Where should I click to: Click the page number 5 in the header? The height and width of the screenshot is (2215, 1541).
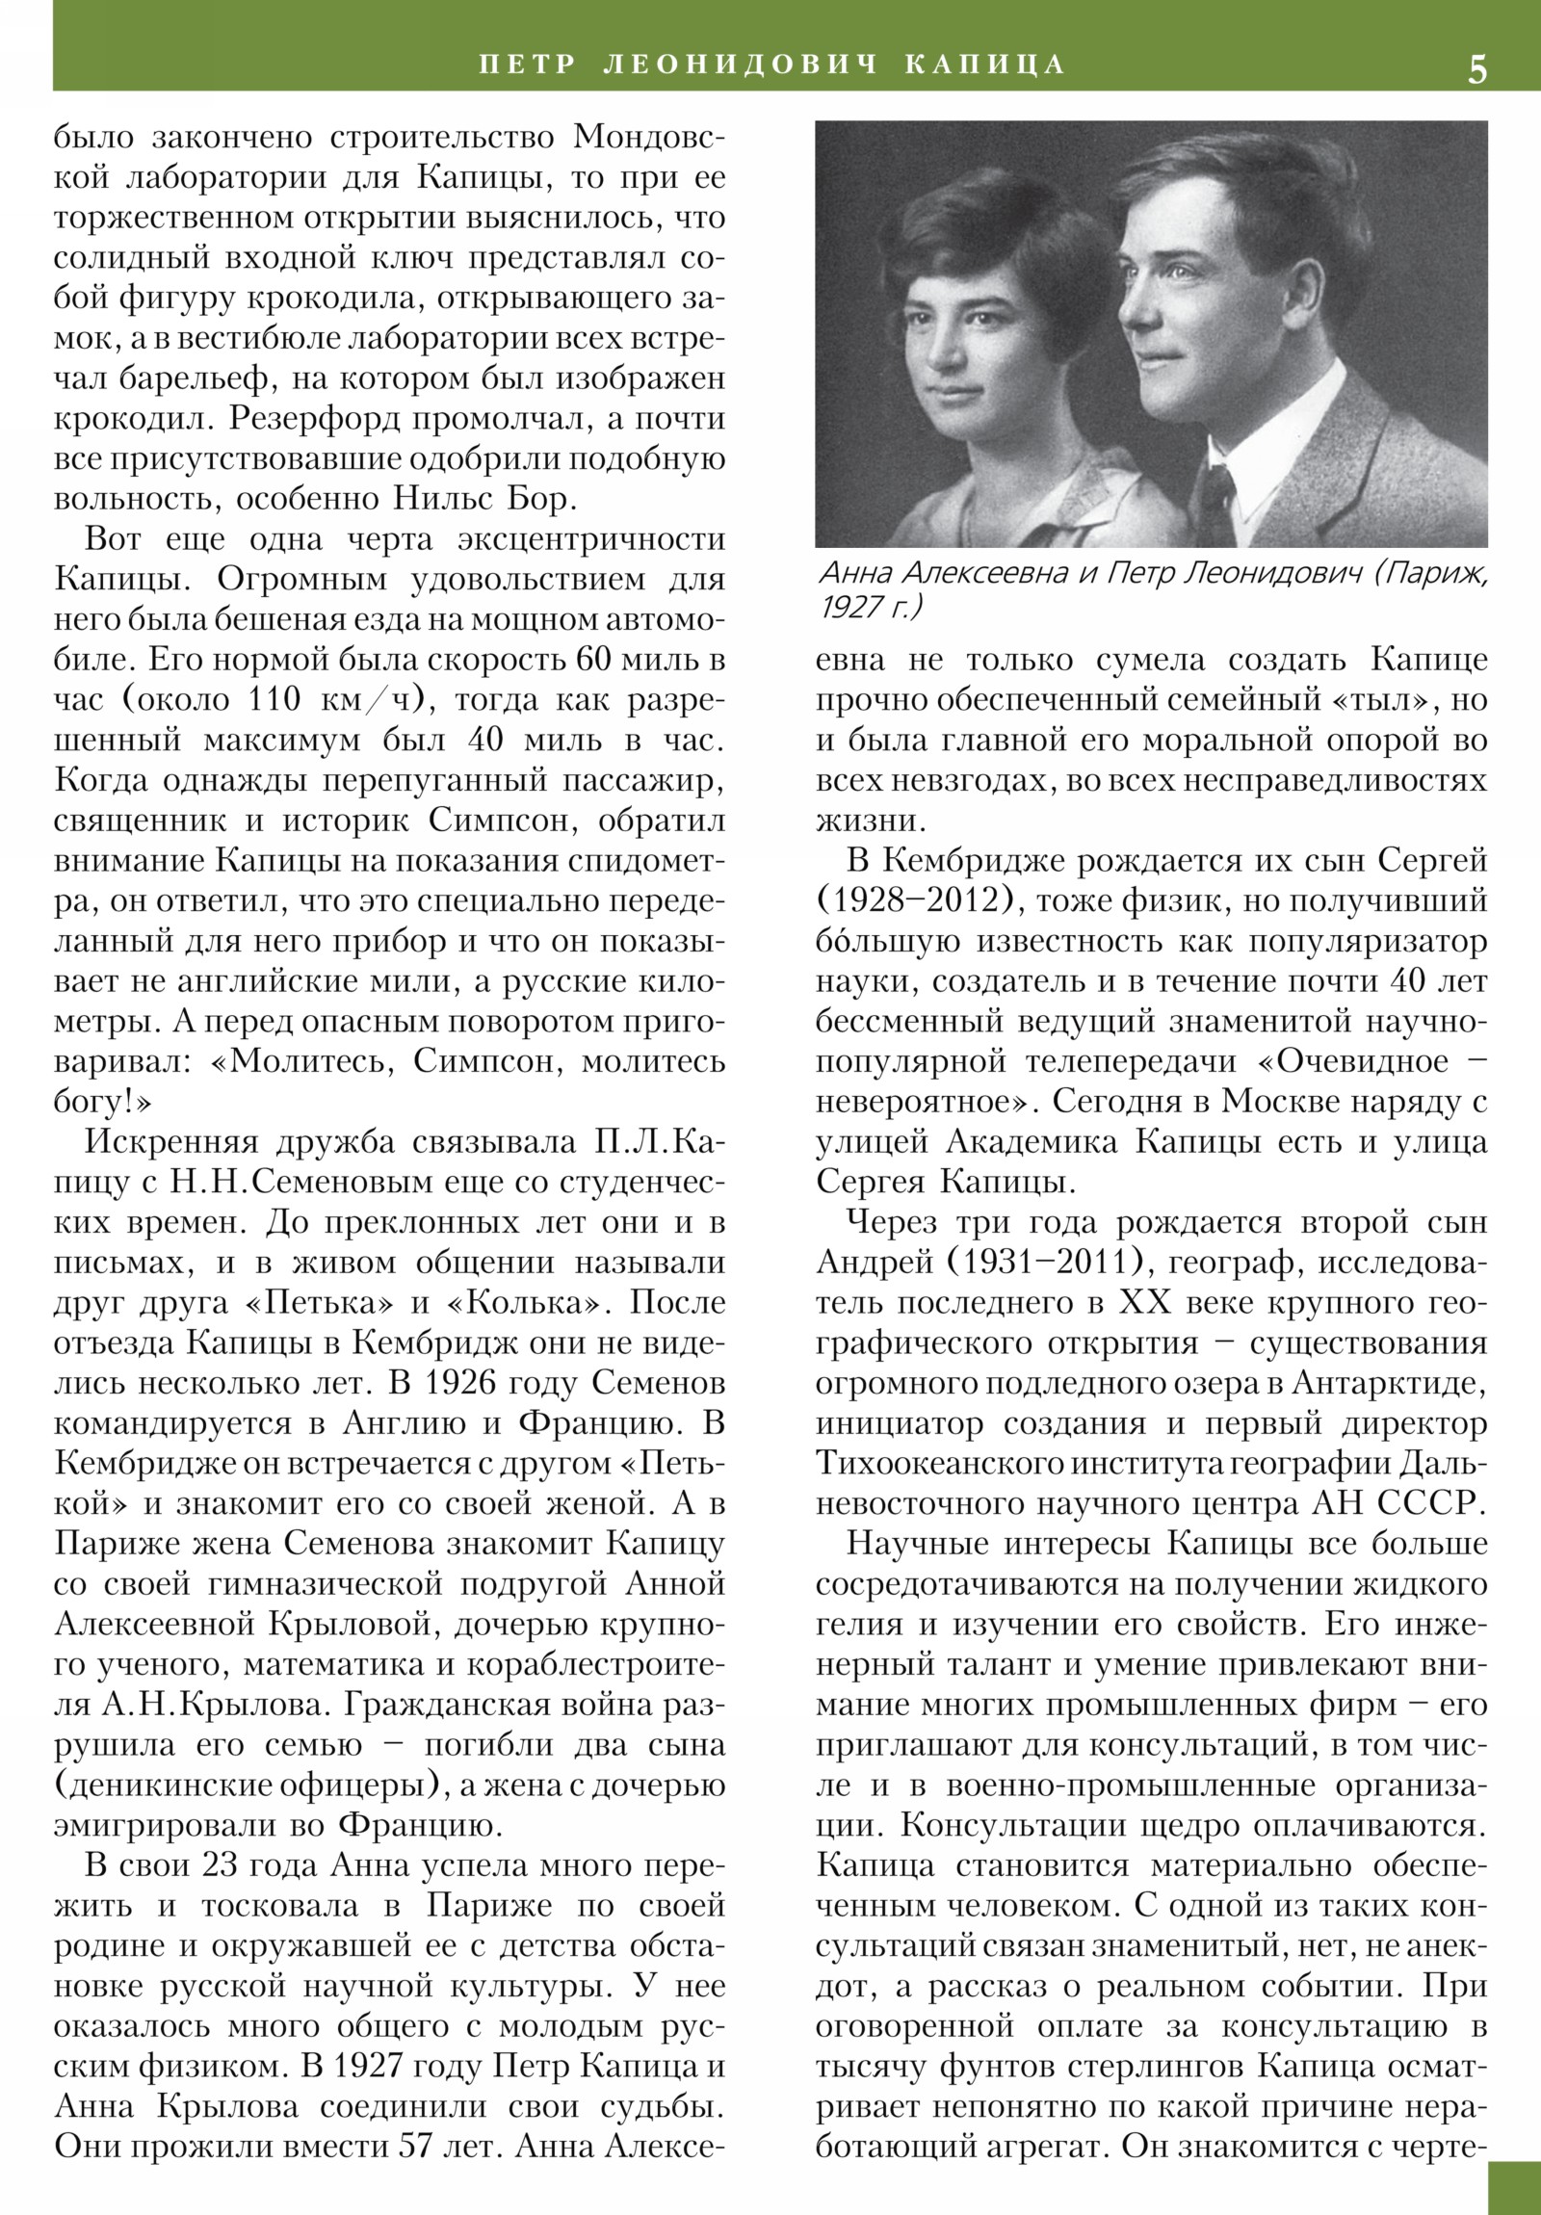[1476, 69]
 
